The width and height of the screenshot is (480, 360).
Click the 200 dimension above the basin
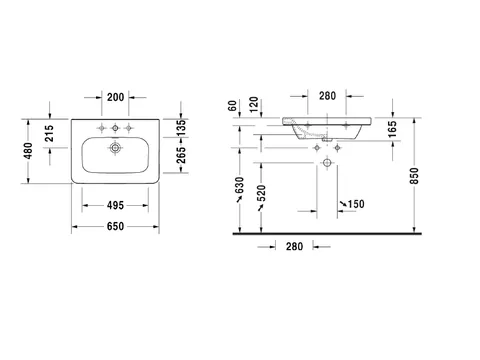click(115, 97)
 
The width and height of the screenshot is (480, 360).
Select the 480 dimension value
click(28, 151)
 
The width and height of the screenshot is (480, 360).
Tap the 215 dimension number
click(49, 133)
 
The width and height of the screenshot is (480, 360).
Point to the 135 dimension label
click(181, 128)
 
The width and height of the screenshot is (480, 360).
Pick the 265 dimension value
click(181, 155)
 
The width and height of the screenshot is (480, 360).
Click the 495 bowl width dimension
click(115, 205)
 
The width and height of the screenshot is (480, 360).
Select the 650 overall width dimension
click(115, 226)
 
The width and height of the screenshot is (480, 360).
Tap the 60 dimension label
click(233, 106)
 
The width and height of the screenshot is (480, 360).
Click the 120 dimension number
click(254, 104)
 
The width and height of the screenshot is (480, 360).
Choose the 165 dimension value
click(392, 129)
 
